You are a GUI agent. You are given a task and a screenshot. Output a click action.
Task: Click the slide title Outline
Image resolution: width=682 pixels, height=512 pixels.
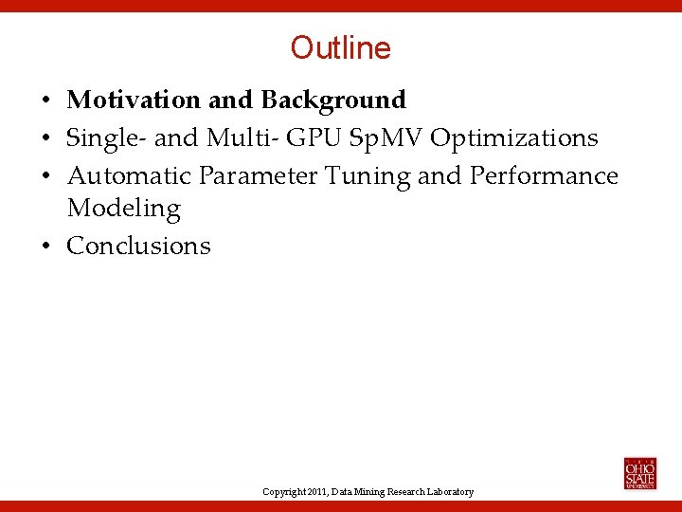(x=340, y=47)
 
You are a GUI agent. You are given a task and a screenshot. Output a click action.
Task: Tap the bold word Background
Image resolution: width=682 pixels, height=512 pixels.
(x=333, y=100)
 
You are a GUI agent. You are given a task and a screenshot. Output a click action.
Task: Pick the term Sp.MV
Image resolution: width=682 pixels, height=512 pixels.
(x=386, y=138)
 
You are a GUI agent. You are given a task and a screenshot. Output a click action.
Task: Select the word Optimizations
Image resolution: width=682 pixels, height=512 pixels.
(x=514, y=138)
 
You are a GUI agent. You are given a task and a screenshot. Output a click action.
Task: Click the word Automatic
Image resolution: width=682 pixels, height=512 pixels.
(x=130, y=176)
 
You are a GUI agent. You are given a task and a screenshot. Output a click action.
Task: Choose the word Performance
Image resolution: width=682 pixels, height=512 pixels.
(x=544, y=176)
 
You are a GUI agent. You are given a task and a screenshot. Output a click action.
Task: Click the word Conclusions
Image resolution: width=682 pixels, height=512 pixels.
(x=138, y=246)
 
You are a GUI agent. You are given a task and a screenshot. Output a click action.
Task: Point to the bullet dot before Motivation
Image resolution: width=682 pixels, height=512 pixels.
(x=45, y=101)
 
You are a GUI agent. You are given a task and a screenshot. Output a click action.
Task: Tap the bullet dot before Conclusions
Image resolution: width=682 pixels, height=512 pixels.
(x=45, y=247)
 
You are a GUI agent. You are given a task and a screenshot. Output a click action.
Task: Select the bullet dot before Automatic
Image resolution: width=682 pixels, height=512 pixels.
(x=45, y=177)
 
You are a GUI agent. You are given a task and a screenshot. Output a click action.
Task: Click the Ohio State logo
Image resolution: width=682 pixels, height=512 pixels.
(x=639, y=473)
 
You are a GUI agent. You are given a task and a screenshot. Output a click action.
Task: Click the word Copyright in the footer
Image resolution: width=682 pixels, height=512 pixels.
(x=284, y=492)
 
